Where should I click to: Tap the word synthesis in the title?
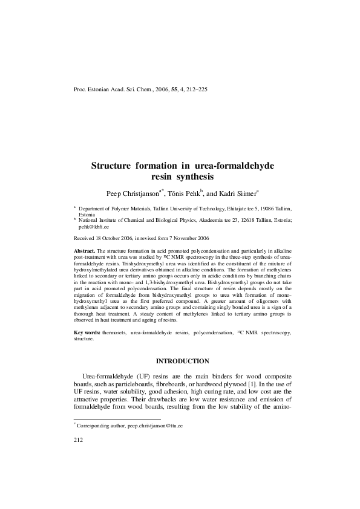click(195, 177)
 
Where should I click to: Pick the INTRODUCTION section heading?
click(182, 361)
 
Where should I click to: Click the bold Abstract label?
click(83, 249)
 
